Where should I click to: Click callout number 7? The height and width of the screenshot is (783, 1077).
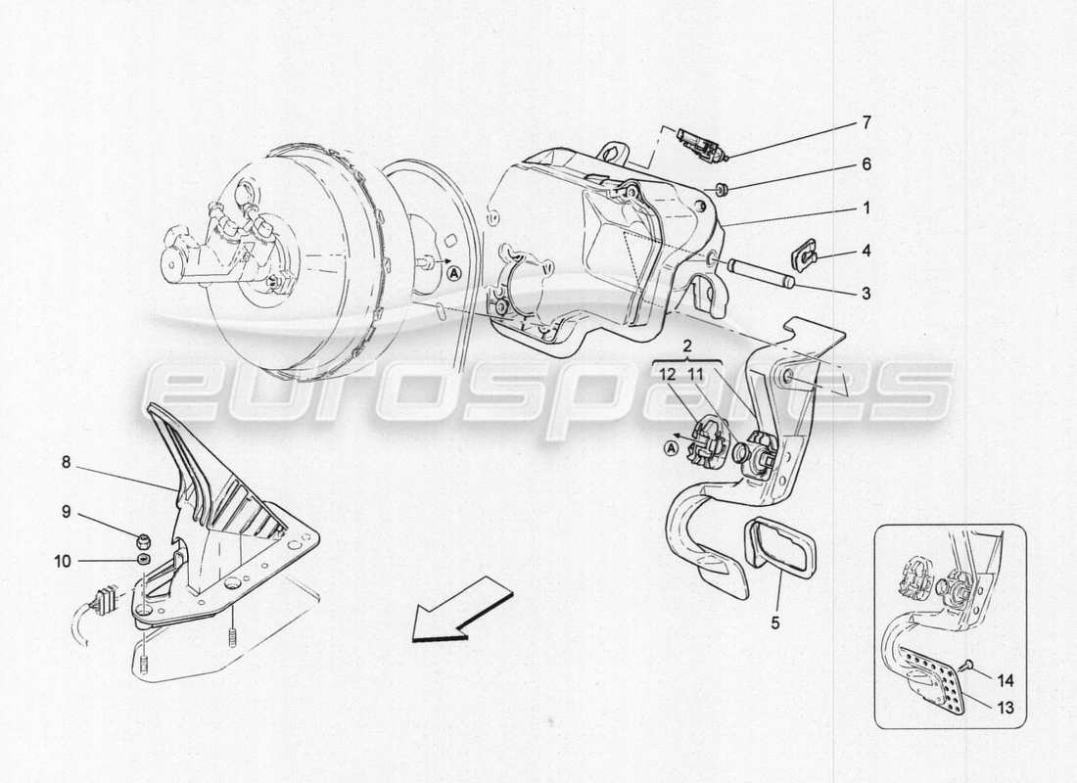pos(865,123)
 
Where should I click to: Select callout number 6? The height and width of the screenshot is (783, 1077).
pos(865,165)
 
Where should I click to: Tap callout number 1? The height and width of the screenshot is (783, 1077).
pos(865,207)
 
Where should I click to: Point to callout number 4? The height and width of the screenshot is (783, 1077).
pos(865,251)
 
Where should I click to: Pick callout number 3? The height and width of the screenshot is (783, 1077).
pos(865,292)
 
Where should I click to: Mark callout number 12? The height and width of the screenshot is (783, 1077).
pos(667,373)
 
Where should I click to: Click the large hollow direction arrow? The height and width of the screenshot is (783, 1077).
pos(460,608)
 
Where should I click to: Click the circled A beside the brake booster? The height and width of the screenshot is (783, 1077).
pos(453,275)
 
